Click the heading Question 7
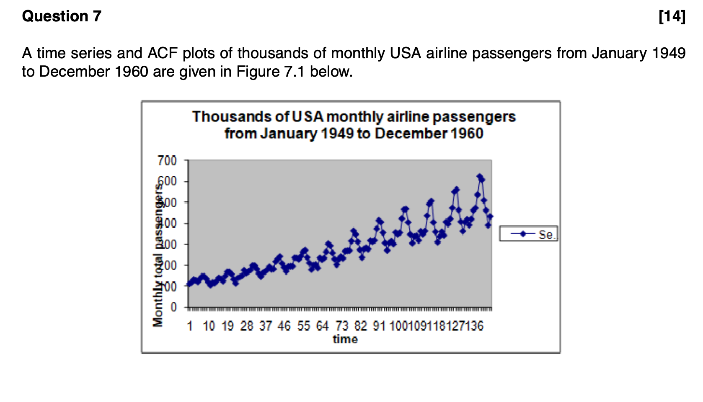(x=62, y=16)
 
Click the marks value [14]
(x=672, y=16)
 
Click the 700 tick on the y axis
(x=167, y=161)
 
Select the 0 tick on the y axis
(x=174, y=307)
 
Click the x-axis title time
(x=345, y=339)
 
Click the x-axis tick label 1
(x=190, y=326)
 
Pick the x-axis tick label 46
(x=284, y=326)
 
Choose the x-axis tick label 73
(x=342, y=326)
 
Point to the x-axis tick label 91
(x=379, y=326)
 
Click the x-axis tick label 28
(x=247, y=326)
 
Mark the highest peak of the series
(x=479, y=177)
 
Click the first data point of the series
(x=190, y=283)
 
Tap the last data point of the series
(x=491, y=216)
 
